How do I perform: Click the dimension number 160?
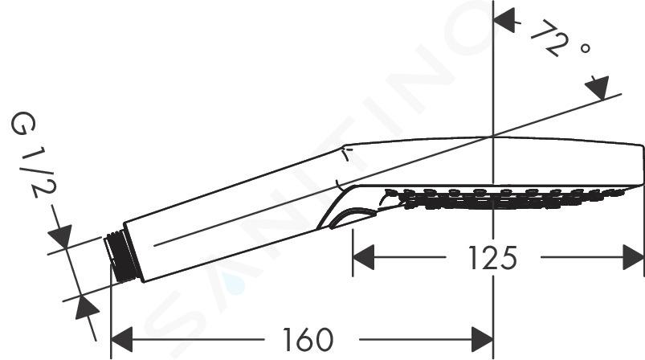pyautogui.click(x=308, y=339)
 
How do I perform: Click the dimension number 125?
pyautogui.click(x=492, y=258)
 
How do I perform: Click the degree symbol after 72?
pyautogui.click(x=586, y=49)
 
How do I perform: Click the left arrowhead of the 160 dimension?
pyautogui.click(x=122, y=339)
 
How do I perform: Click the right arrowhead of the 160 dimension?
pyautogui.click(x=482, y=339)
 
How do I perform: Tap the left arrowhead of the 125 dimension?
pyautogui.click(x=364, y=258)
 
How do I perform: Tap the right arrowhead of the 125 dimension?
pyautogui.click(x=634, y=258)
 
